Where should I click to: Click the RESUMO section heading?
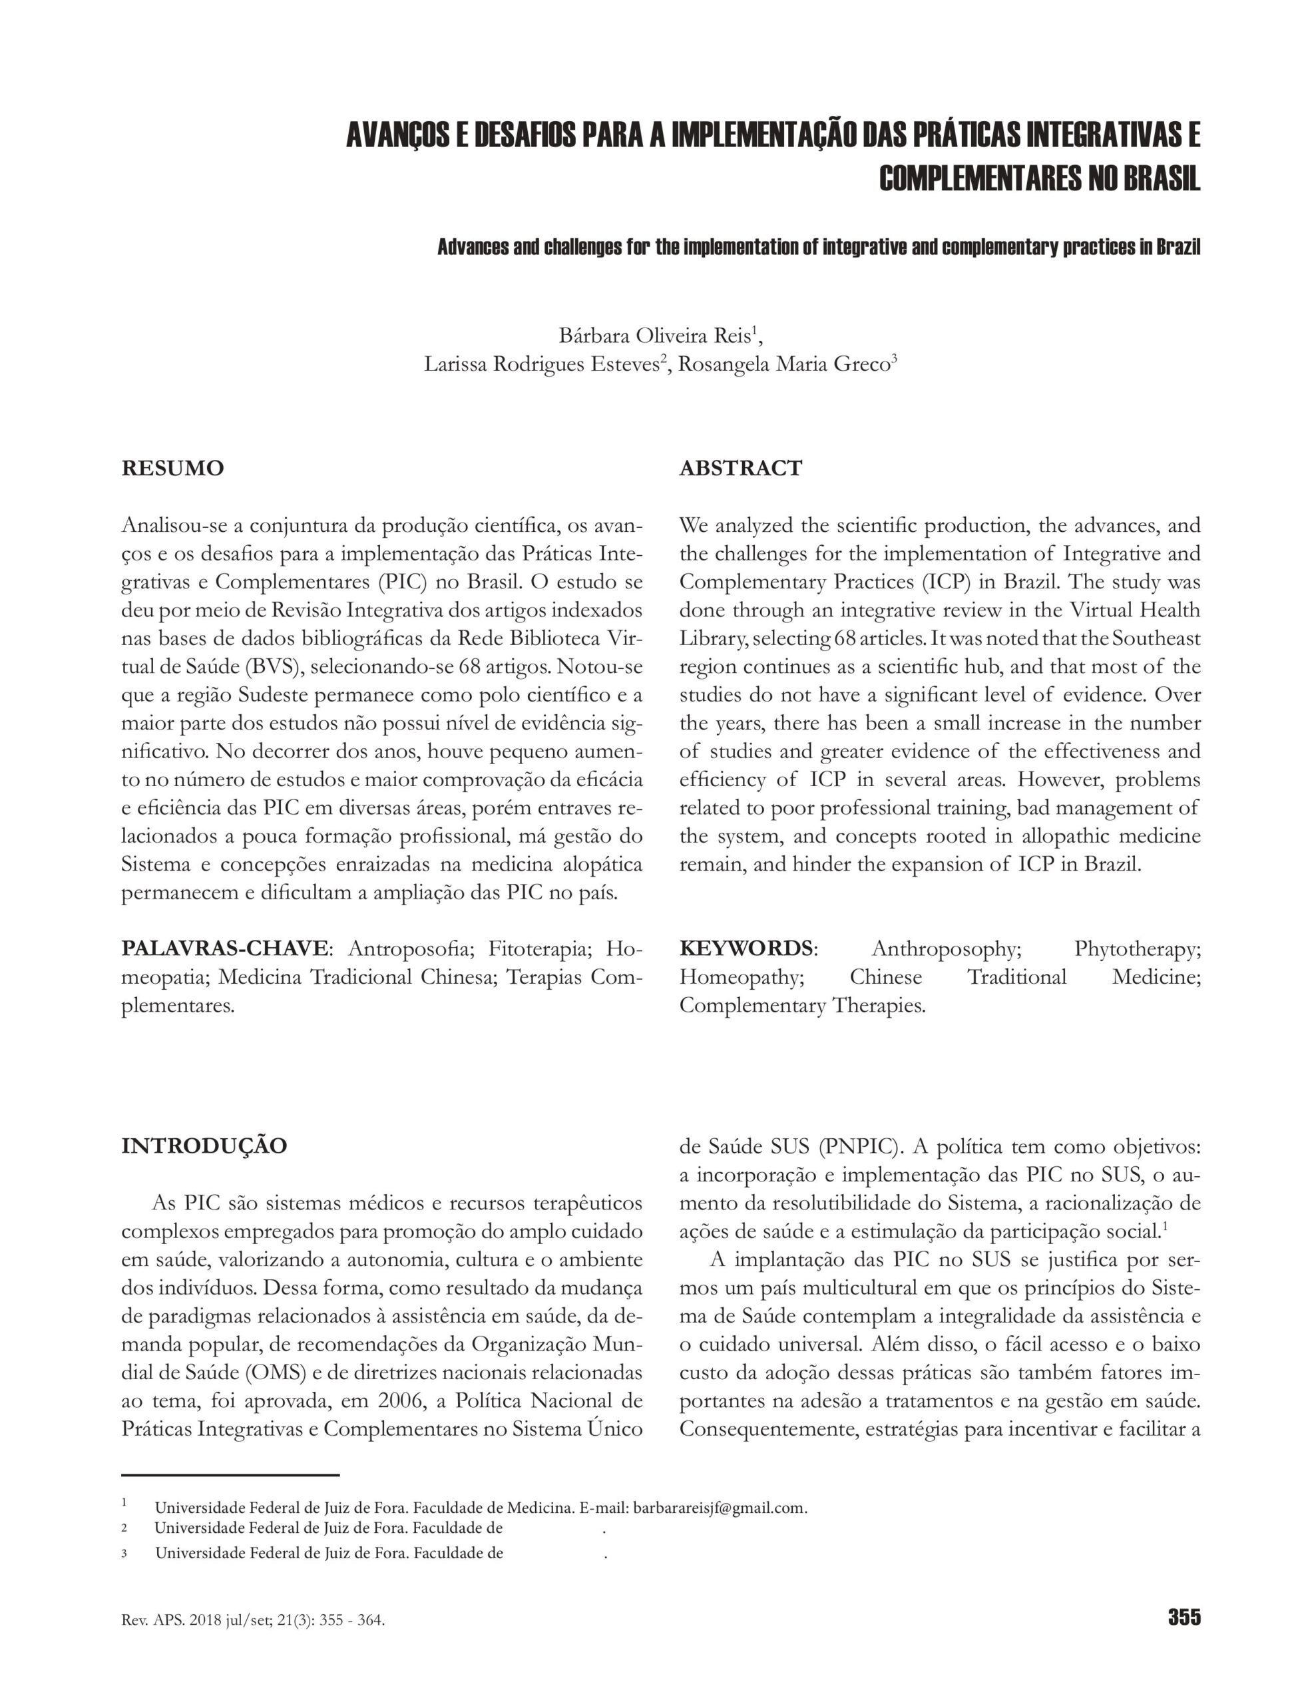[x=172, y=469]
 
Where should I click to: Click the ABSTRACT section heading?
[x=740, y=469]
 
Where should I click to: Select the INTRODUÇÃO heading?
[x=204, y=1146]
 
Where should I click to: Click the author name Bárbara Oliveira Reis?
[x=655, y=337]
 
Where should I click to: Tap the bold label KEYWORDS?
[x=745, y=949]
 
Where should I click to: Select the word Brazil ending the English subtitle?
[x=1179, y=248]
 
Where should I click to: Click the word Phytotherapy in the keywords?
[x=1137, y=949]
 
